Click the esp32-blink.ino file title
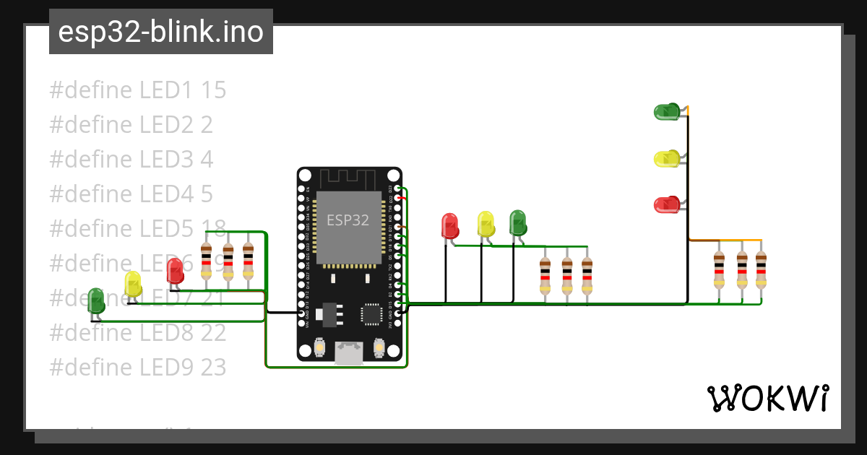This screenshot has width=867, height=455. (160, 32)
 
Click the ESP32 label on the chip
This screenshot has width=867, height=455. (348, 220)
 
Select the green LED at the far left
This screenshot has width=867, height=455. (95, 300)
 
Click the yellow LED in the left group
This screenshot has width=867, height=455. (133, 284)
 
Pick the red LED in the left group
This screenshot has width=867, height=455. (175, 271)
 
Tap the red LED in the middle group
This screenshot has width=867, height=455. (449, 225)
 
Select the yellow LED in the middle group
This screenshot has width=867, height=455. (486, 223)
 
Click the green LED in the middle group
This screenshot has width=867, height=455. (517, 222)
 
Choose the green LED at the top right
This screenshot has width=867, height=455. (666, 111)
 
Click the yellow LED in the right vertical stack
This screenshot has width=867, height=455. (666, 158)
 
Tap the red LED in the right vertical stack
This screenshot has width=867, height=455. (666, 204)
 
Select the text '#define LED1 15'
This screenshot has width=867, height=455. (137, 90)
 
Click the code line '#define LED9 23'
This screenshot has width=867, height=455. (137, 368)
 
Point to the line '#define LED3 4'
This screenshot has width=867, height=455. (131, 160)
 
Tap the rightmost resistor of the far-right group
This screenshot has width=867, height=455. (761, 269)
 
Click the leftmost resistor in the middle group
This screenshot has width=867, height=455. (545, 277)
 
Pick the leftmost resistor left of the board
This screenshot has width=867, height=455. (206, 261)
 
